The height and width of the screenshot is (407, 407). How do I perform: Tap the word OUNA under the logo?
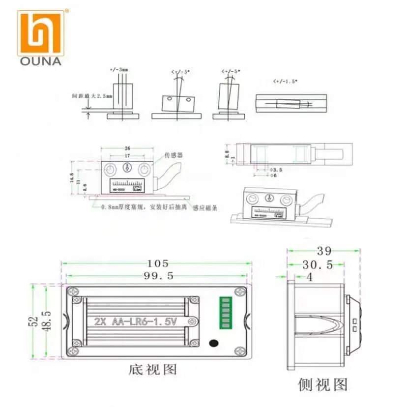tap(40, 61)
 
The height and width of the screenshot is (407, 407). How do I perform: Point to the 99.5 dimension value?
tap(158, 276)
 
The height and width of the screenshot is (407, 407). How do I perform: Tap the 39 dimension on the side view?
tap(324, 251)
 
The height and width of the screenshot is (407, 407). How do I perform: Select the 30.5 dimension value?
tap(318, 265)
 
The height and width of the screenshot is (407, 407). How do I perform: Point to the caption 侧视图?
tap(323, 384)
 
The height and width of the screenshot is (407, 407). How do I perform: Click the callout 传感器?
tap(173, 154)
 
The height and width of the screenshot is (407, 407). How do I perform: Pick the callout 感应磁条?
tap(206, 207)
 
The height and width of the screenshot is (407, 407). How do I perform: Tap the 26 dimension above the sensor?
tap(127, 148)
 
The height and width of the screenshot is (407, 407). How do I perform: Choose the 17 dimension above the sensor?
tap(127, 156)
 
